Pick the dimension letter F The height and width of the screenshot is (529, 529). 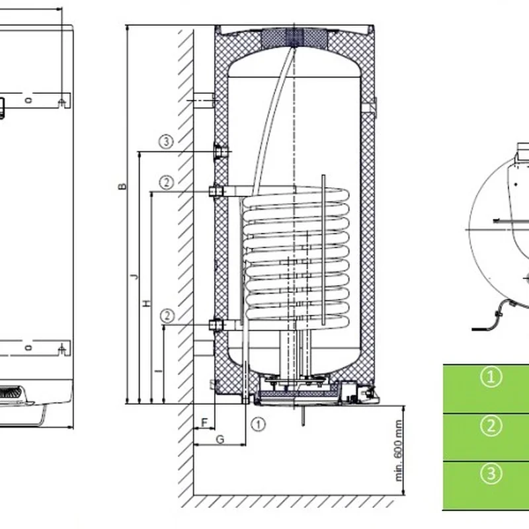pos(204,421)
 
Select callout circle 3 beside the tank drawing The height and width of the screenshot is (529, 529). pos(166,141)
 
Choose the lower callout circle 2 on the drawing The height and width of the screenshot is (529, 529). pos(167,316)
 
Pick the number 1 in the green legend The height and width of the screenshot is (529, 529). pos(490,378)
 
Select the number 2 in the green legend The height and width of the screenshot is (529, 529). pos(490,426)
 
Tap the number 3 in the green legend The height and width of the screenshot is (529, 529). pos(490,473)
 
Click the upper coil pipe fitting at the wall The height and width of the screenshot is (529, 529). pos(216,192)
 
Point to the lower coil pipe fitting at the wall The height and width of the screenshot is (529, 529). pos(216,325)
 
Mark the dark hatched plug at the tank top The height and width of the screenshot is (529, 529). pos(285,37)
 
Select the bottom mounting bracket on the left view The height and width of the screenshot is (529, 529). pos(61,348)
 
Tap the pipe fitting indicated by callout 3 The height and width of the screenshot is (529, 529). pos(220,153)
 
